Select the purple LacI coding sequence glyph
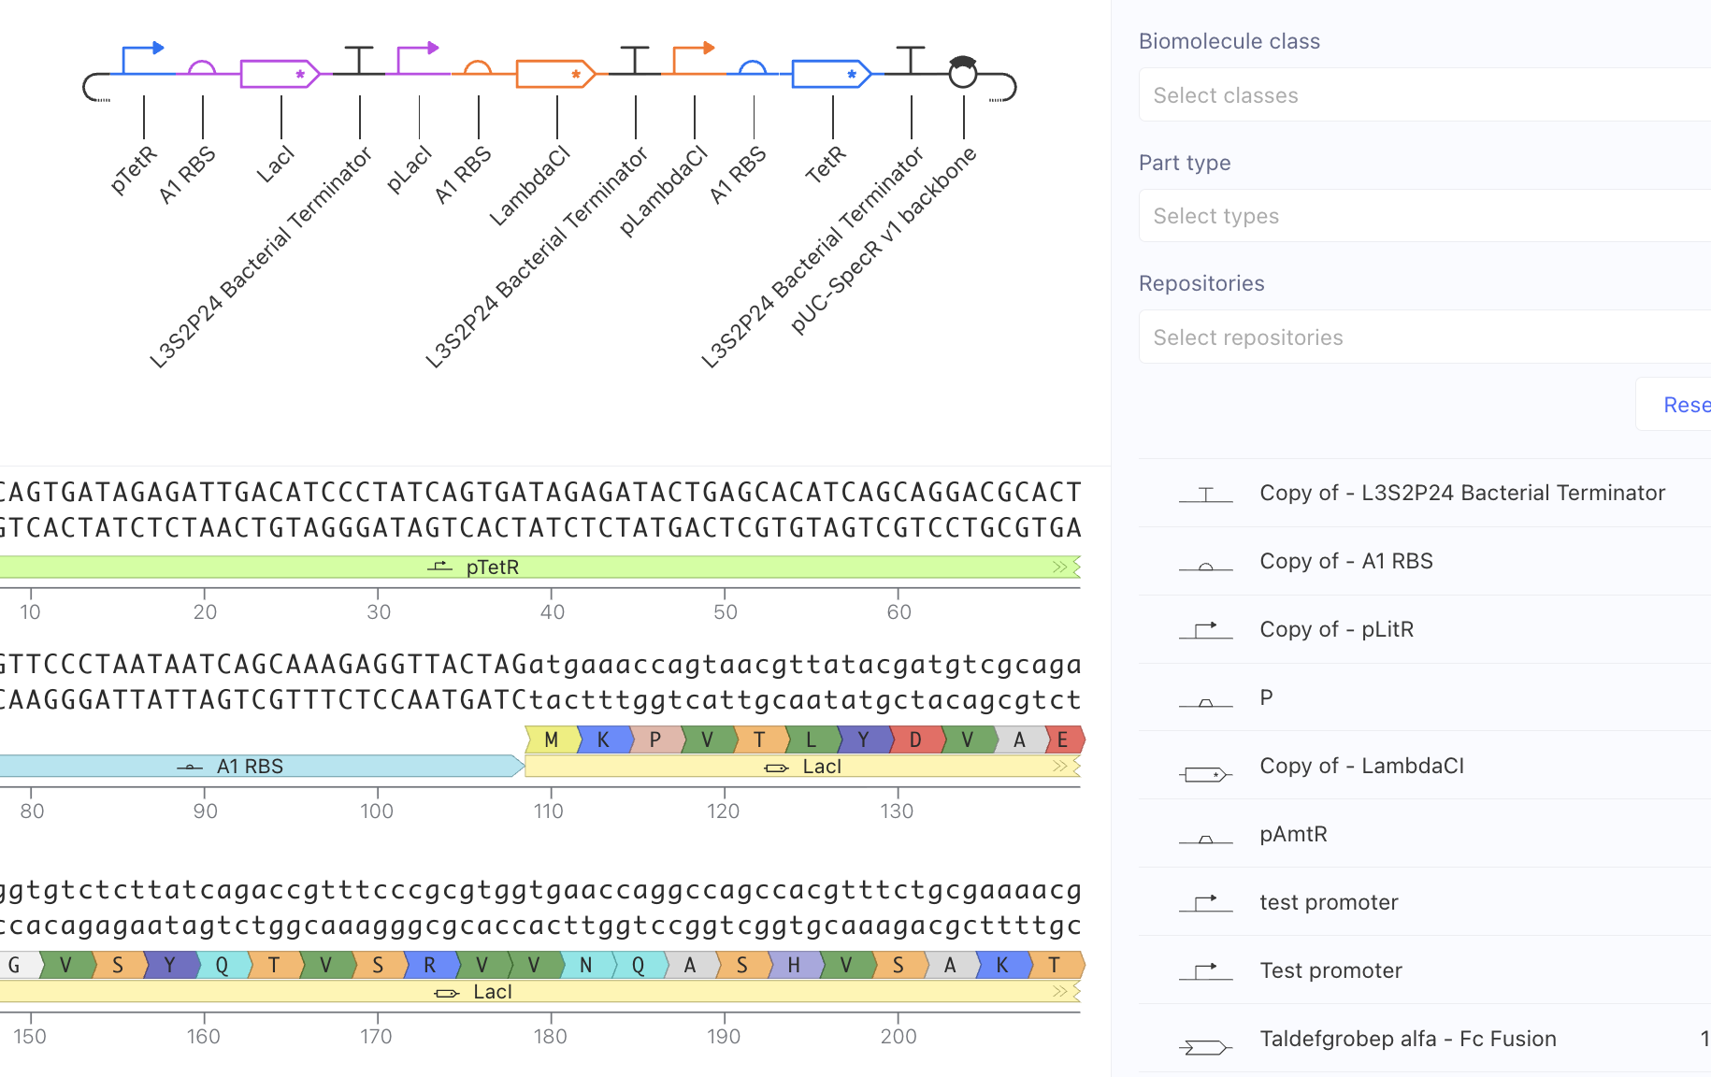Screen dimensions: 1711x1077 [x=280, y=74]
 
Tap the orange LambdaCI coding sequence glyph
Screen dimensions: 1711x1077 [x=555, y=74]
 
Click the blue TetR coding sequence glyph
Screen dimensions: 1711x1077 [x=831, y=74]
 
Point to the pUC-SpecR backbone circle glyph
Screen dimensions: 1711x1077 [x=963, y=72]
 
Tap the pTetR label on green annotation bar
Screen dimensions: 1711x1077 [x=492, y=567]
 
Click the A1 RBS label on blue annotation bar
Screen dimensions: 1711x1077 [x=250, y=767]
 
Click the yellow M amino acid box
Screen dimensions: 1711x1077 [x=552, y=740]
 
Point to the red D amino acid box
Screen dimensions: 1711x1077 [x=915, y=740]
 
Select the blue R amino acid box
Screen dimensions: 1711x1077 [x=430, y=965]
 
